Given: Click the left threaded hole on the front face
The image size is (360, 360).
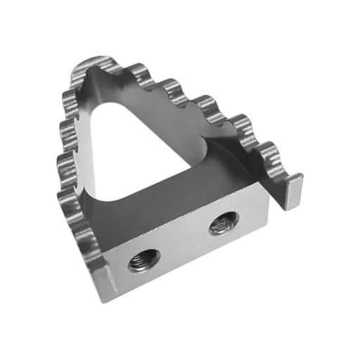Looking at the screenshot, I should (143, 261).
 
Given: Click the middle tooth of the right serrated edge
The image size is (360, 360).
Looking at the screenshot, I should (204, 105).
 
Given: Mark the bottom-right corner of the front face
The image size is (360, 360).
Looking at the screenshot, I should (266, 232).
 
